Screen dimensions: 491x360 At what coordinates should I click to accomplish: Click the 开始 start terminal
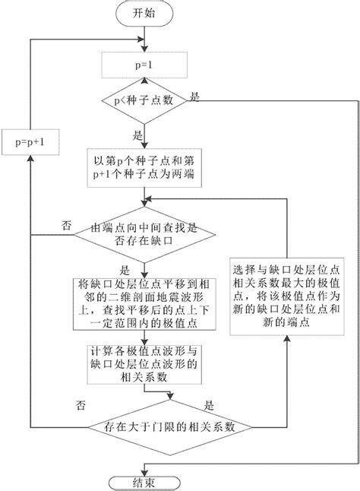pyautogui.click(x=143, y=13)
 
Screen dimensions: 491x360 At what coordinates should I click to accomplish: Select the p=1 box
pyautogui.click(x=143, y=65)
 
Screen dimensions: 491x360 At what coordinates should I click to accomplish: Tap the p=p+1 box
pyautogui.click(x=32, y=141)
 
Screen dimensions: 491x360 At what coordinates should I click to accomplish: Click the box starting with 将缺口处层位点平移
pyautogui.click(x=143, y=301)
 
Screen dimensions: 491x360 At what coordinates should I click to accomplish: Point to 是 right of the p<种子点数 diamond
pyautogui.click(x=195, y=96)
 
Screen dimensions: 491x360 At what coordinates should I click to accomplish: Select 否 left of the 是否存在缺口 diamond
pyautogui.click(x=67, y=225)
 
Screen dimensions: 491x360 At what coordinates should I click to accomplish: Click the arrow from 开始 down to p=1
pyautogui.click(x=143, y=37)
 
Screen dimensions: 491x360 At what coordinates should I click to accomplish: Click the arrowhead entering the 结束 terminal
pyautogui.click(x=143, y=468)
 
